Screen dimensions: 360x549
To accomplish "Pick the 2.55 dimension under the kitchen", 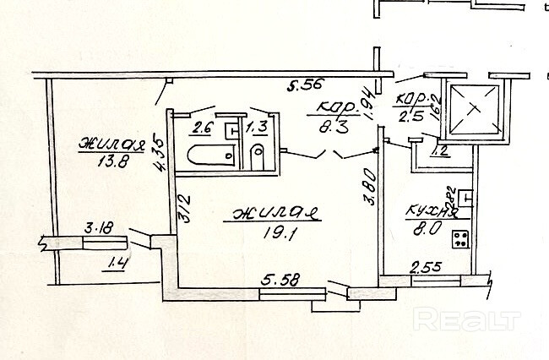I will (426, 270).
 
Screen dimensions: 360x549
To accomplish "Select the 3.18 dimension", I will (99, 227).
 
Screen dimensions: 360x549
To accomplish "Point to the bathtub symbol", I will (206, 156).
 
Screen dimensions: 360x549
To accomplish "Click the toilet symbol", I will (258, 154).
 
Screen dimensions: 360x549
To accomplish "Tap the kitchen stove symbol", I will (461, 239).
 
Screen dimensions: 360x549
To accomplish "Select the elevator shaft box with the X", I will (475, 109).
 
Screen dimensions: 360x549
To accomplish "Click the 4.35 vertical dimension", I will (159, 155).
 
